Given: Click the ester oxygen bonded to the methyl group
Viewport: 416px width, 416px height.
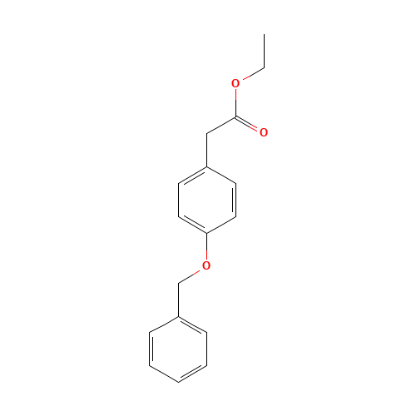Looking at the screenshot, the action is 235,83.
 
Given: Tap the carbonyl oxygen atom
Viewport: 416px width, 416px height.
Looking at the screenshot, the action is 264,132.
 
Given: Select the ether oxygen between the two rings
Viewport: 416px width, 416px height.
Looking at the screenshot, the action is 206,265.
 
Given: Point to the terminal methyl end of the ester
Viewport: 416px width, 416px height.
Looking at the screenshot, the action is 264,67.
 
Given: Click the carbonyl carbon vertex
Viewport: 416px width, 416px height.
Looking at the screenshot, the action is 235,116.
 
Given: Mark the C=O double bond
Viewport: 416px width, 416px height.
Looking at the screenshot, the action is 250,125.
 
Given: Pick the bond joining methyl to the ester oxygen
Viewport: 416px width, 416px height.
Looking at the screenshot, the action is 250,75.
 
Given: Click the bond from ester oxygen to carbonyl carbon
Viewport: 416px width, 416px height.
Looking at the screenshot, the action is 235,100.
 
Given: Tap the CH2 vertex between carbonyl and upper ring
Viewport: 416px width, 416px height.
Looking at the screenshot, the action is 206,133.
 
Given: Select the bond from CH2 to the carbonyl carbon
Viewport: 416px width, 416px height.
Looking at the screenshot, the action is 220,125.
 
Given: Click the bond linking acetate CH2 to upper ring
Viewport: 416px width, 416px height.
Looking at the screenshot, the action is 206,150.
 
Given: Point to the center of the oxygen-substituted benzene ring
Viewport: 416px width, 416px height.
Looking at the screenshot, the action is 206,200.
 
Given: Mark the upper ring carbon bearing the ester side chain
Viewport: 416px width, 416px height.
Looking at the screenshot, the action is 206,166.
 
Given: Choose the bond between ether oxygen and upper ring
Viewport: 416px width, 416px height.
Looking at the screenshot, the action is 206,249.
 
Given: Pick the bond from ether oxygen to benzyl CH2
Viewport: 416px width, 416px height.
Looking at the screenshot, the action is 192,274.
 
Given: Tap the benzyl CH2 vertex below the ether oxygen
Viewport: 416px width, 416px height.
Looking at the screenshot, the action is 178,283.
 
